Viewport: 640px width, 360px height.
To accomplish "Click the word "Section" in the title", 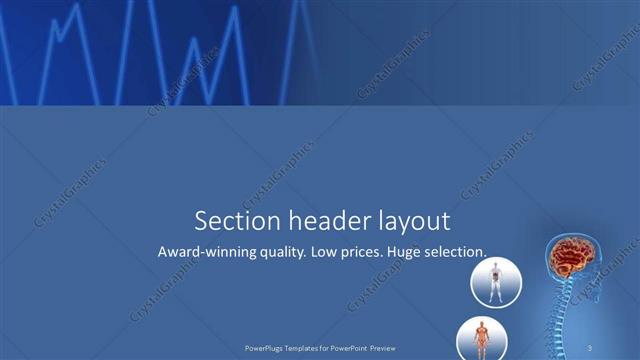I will coord(227,220).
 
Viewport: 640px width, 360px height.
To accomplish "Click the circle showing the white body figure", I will coord(494,280).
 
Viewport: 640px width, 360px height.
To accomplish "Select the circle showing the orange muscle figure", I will coord(480,339).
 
